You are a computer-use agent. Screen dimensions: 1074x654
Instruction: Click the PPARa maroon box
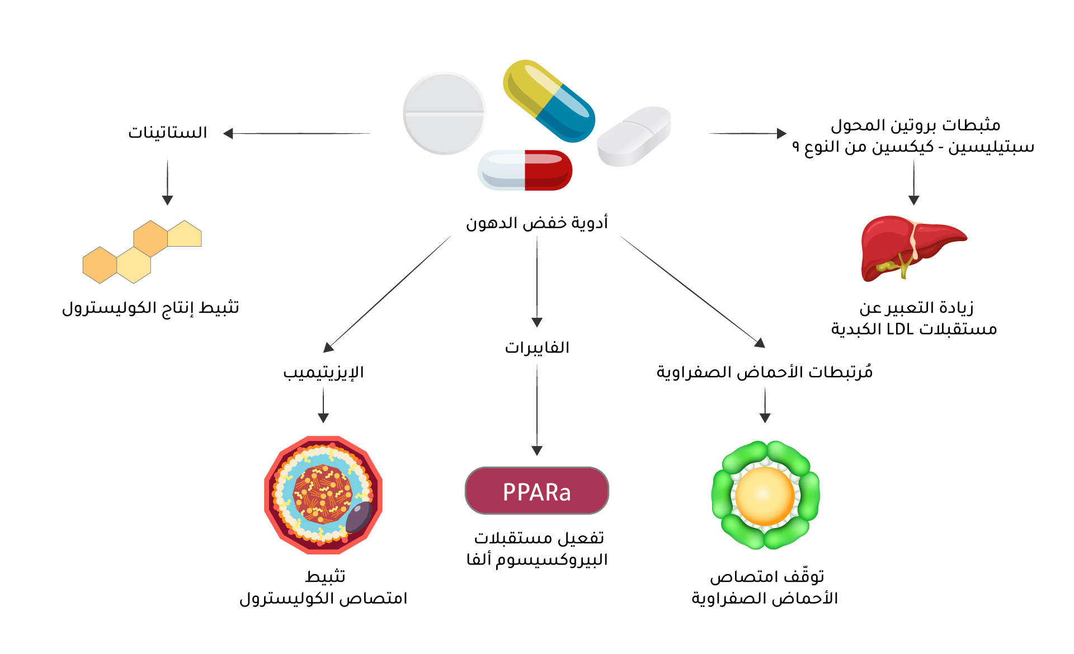[x=537, y=491]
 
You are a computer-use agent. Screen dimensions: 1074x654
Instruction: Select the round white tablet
[x=444, y=113]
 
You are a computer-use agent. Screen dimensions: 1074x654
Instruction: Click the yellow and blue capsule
[x=549, y=101]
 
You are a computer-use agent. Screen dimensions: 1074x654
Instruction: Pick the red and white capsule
[x=525, y=170]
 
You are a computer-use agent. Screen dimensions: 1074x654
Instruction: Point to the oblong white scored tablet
[x=634, y=137]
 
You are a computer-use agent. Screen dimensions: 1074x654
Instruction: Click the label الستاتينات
[x=168, y=133]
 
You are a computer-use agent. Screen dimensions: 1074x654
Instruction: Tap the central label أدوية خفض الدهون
[x=537, y=223]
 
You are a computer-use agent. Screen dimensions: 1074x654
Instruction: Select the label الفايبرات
[x=537, y=347]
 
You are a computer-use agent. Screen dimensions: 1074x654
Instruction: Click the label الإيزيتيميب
[x=323, y=373]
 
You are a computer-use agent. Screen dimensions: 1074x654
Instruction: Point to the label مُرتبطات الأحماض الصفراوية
[x=765, y=372]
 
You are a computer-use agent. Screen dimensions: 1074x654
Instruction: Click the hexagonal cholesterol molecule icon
[x=142, y=252]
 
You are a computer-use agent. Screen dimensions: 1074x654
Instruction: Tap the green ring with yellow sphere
[x=765, y=495]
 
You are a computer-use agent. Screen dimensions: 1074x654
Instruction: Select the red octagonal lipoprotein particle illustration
[x=323, y=495]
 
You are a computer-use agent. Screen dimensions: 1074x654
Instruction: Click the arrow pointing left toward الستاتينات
[x=296, y=133]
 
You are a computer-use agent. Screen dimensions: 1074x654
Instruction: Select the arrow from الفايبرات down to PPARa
[x=537, y=410]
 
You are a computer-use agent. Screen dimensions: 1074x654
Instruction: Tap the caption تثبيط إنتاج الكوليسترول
[x=150, y=308]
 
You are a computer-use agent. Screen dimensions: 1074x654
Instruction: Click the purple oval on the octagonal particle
[x=359, y=516]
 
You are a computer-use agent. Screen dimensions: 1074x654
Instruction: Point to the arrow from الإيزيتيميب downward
[x=323, y=405]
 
